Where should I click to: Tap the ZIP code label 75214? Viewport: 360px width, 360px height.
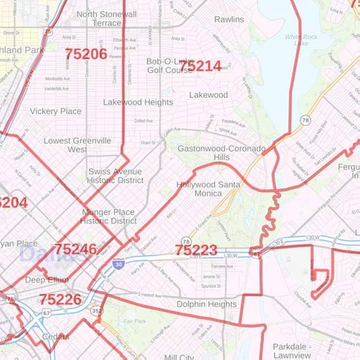coord(200,66)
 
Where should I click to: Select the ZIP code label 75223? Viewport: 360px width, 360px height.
coord(196,250)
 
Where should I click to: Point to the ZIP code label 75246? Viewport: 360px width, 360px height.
coord(75,249)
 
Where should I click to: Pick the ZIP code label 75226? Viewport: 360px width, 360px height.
coord(60,299)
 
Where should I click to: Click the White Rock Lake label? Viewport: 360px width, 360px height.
coord(301,40)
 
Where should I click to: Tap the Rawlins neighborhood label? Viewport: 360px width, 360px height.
coord(229,19)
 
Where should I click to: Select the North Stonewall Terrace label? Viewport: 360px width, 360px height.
coord(107,19)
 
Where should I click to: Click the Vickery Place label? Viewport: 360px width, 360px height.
coord(56,111)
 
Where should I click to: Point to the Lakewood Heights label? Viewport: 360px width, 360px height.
coord(138,102)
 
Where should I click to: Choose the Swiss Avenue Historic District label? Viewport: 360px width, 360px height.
coord(115,176)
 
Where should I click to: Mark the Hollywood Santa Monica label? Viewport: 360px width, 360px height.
coord(208,189)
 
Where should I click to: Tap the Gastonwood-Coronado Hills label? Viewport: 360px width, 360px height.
coord(221,153)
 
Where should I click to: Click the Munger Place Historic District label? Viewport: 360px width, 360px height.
coord(108,216)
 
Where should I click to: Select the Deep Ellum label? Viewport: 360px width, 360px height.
coord(47,279)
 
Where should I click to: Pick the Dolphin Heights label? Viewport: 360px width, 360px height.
coord(207,304)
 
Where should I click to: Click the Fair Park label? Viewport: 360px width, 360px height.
coord(134,321)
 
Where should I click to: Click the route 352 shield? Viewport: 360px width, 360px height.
coord(97,311)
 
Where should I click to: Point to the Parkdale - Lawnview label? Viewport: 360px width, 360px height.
coord(292,351)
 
